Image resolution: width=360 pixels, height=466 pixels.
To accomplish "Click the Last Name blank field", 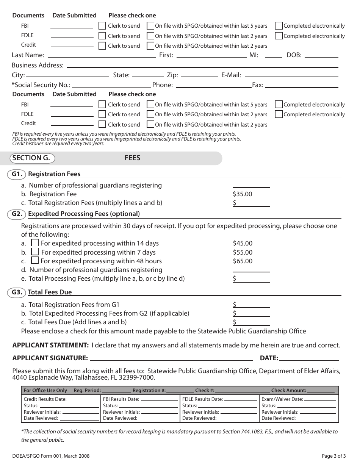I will click(100, 56).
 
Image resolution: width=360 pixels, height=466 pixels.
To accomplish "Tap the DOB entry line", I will click(321, 56).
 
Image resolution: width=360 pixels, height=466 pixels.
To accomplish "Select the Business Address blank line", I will click(202, 66).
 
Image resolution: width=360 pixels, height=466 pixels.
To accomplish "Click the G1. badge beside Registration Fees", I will click(17, 174).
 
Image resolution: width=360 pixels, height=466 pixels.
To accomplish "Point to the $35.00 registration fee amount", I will click(243, 194).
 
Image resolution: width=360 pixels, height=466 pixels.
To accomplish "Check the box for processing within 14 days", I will click(35, 243).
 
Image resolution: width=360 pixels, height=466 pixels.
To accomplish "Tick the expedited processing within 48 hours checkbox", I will click(35, 261).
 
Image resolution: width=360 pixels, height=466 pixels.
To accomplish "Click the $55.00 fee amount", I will click(243, 252).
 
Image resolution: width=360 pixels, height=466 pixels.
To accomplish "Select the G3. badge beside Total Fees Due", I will click(17, 292).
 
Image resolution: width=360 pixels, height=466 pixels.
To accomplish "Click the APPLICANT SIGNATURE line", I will click(171, 358).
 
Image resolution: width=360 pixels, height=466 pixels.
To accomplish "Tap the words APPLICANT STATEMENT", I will click(50, 345).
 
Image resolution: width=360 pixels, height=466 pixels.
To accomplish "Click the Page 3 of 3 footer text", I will click(334, 456).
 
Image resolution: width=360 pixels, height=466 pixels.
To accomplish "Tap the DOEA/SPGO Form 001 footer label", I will click(51, 456).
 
